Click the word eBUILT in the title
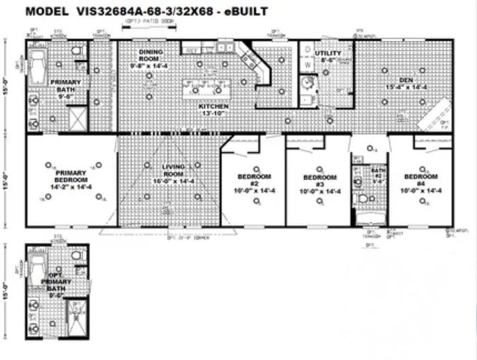click(x=245, y=12)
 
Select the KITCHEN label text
click(x=213, y=107)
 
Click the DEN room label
click(x=406, y=80)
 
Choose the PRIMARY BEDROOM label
click(x=71, y=176)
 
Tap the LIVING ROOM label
click(x=173, y=171)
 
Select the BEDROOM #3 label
click(x=320, y=181)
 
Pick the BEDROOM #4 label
click(x=420, y=180)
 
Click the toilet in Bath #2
click(x=363, y=199)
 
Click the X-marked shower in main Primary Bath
click(x=78, y=119)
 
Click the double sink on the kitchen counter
click(x=224, y=47)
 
